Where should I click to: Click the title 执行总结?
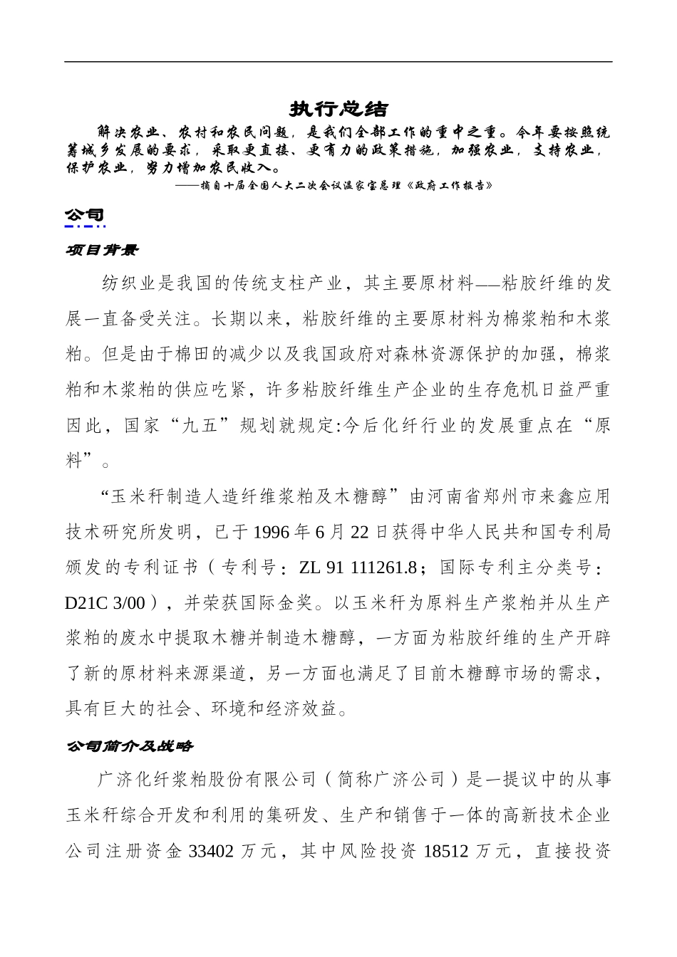click(x=338, y=109)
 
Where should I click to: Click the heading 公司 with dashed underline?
click(x=85, y=216)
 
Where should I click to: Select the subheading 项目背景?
click(x=102, y=251)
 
